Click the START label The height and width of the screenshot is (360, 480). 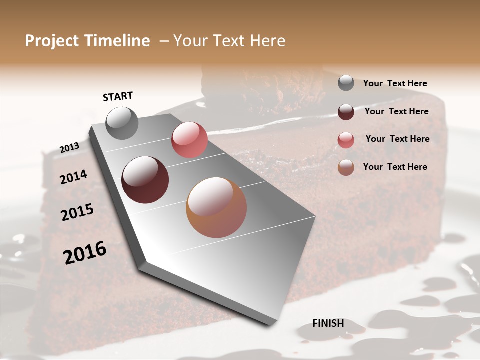[118, 96]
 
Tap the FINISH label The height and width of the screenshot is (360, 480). [328, 323]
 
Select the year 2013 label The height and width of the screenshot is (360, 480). [69, 148]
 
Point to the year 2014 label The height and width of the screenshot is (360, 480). [73, 177]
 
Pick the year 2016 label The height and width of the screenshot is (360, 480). [85, 253]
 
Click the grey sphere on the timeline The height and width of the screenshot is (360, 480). [122, 123]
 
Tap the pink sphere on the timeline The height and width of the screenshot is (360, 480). [189, 140]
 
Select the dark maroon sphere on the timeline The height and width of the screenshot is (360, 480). [145, 180]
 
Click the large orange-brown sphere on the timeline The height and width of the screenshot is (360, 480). [216, 207]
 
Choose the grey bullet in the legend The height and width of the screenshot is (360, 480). [346, 83]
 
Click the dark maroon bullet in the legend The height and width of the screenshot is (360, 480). [346, 112]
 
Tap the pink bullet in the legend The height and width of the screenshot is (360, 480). [346, 140]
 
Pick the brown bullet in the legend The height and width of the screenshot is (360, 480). [346, 167]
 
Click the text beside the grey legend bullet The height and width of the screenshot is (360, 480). [395, 84]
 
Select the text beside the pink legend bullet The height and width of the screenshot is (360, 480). [397, 139]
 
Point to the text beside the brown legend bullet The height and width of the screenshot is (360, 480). [395, 167]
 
